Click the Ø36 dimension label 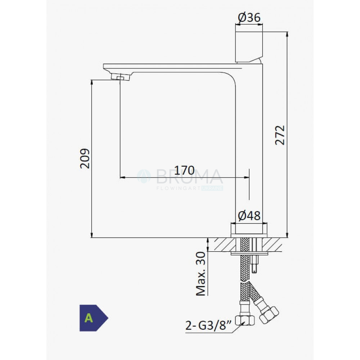(249, 17)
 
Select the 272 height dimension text (280, 135)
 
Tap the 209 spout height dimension (85, 159)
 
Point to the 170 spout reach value (184, 170)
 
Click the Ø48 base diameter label (249, 216)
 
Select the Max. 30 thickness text (201, 274)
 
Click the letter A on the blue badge (89, 318)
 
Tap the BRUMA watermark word (189, 176)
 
